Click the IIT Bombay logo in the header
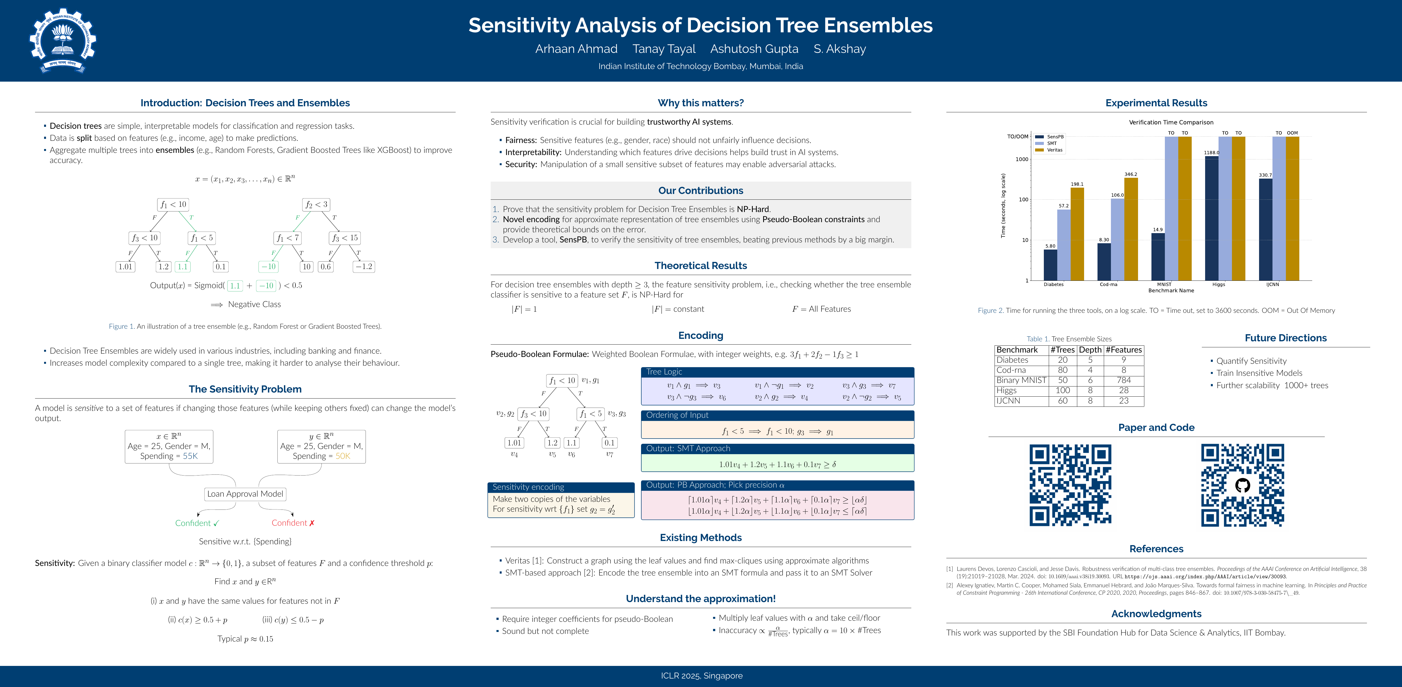(x=63, y=41)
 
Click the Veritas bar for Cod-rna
(x=1130, y=229)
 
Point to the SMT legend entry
(x=1051, y=143)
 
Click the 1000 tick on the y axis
(x=1022, y=159)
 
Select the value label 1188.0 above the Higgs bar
(x=1211, y=153)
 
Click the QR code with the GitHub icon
(x=1243, y=485)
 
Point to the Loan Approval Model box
(x=245, y=494)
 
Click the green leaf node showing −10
(x=268, y=267)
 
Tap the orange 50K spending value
(x=342, y=456)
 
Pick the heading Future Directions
(x=1286, y=338)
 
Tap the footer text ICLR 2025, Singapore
(x=701, y=675)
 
